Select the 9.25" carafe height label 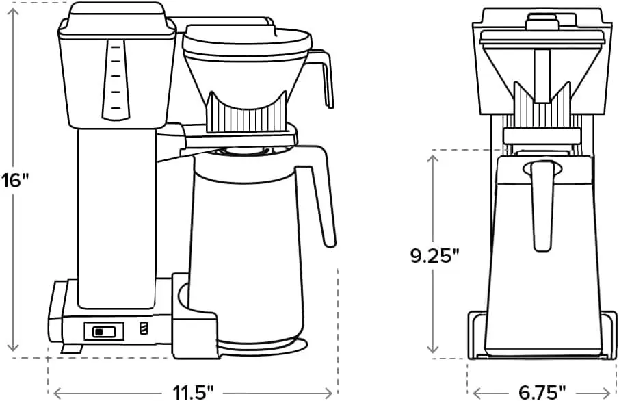click(x=434, y=255)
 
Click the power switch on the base click(x=105, y=331)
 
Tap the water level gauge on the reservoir click(x=115, y=79)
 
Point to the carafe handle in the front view click(x=542, y=202)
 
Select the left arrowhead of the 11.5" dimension click(x=57, y=392)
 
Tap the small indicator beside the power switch click(x=143, y=329)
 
